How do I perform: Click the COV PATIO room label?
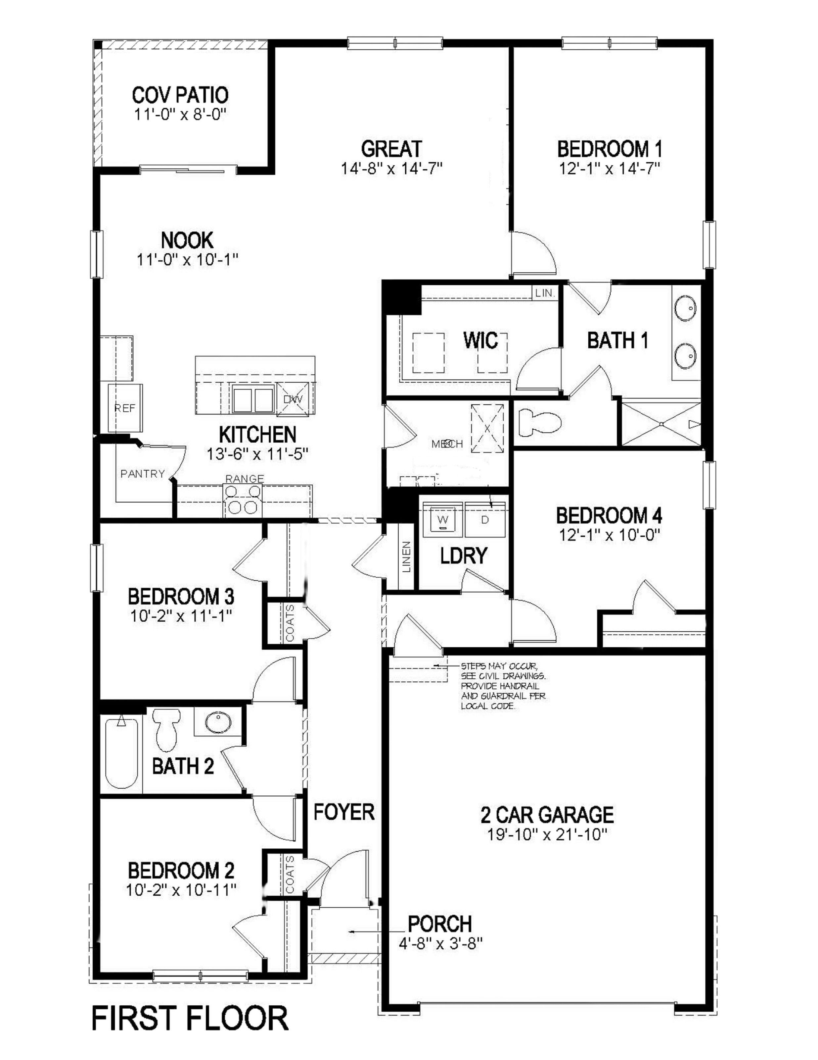[180, 95]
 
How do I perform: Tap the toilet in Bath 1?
[539, 422]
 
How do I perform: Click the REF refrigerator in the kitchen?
[125, 408]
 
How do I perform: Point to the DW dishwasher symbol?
[293, 399]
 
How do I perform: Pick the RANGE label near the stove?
[245, 479]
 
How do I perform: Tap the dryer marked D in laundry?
[484, 520]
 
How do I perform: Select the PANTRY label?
[143, 474]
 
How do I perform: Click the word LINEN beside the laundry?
[406, 557]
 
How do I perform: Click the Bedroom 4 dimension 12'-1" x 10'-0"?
[609, 535]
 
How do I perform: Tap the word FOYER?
[344, 812]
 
